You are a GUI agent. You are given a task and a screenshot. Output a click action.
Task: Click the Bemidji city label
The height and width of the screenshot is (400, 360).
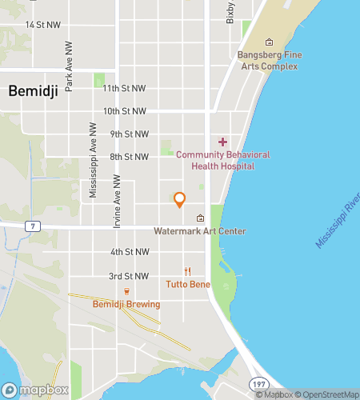(31, 91)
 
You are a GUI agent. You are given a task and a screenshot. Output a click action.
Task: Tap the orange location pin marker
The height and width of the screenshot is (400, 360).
(180, 200)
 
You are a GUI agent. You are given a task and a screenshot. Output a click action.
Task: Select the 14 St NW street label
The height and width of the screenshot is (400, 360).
(42, 25)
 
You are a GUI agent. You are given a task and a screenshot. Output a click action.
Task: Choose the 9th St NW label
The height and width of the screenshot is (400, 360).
(130, 134)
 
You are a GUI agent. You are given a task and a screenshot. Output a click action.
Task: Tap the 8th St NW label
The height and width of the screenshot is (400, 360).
(130, 157)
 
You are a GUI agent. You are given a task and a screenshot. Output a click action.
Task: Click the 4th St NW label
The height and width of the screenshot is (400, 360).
(130, 252)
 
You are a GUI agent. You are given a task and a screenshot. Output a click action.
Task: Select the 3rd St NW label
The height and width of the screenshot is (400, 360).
(130, 276)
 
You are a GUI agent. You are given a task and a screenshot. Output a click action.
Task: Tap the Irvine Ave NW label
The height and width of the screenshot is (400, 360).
(117, 202)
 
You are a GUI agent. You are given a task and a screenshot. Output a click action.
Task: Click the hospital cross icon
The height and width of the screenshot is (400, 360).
(222, 142)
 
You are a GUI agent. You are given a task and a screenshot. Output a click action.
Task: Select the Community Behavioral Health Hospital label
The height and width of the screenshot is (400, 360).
(222, 160)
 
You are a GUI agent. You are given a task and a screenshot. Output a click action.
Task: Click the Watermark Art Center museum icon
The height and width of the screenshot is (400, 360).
(200, 218)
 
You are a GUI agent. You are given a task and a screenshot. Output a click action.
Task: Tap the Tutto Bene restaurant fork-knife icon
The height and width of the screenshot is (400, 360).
(188, 271)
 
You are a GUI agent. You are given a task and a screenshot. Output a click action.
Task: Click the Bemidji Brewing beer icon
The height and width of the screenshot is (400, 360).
(126, 291)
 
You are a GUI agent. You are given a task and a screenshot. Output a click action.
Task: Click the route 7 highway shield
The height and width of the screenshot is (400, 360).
(32, 226)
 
